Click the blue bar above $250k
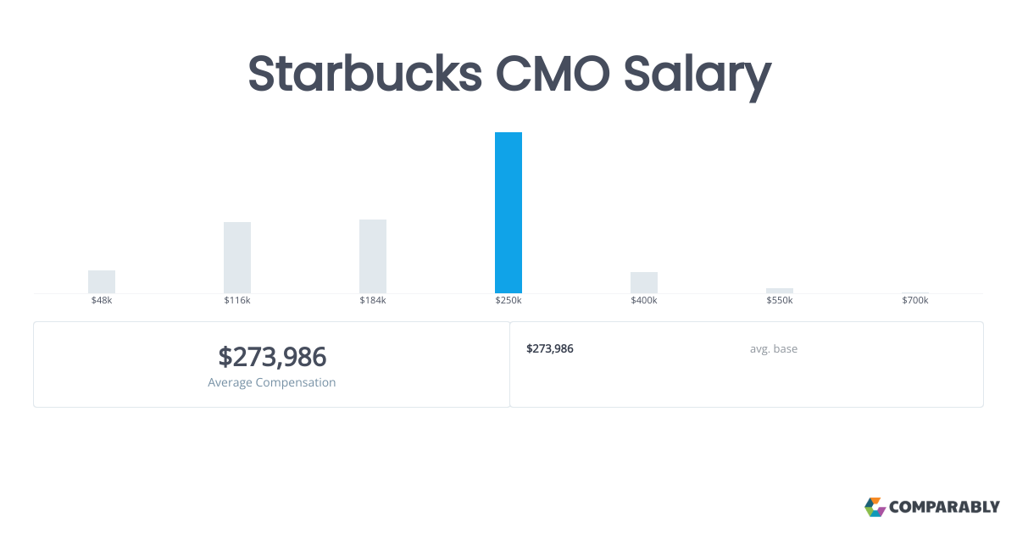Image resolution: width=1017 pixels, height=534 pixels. [x=508, y=213]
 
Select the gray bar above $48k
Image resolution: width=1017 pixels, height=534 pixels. [x=102, y=281]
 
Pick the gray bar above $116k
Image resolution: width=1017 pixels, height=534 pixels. [x=237, y=258]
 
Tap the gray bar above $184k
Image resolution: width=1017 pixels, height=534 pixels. [x=373, y=256]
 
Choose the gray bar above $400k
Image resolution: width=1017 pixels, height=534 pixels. [x=644, y=282]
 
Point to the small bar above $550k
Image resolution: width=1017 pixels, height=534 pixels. [x=780, y=291]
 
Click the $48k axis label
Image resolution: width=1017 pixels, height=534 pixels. [x=102, y=301]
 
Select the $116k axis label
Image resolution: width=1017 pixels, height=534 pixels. [x=237, y=301]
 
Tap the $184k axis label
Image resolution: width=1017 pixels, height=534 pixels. [x=373, y=301]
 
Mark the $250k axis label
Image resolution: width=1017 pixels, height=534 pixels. [x=508, y=301]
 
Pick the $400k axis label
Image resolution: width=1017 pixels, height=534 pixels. [x=644, y=301]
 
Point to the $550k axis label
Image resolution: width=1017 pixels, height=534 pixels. [x=780, y=301]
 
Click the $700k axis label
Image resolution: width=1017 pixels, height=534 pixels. [x=915, y=301]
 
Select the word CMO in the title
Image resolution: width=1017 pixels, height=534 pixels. [x=551, y=74]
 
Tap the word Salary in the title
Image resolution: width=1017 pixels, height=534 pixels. [x=697, y=74]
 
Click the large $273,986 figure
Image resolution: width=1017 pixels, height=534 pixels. [x=272, y=357]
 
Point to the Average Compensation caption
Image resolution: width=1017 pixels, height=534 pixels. [x=272, y=382]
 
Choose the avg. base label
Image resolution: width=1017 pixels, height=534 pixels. [x=773, y=348]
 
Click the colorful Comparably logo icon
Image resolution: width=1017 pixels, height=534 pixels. [x=875, y=507]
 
